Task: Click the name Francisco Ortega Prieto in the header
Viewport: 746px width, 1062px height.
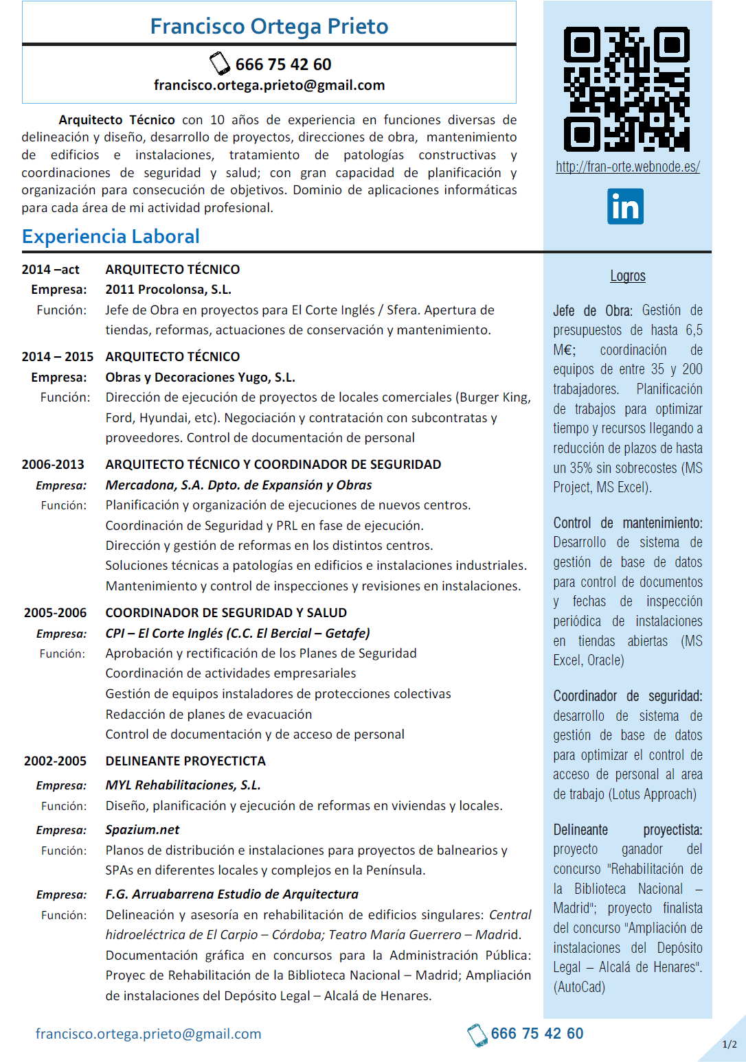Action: click(x=269, y=26)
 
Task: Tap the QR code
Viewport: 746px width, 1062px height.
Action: click(x=626, y=89)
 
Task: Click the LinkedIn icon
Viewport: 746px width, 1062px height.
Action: click(x=625, y=207)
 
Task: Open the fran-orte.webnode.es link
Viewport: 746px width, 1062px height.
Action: click(x=627, y=167)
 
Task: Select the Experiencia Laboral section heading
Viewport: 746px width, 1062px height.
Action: click(x=111, y=237)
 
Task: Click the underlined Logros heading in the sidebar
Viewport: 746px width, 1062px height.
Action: click(x=627, y=276)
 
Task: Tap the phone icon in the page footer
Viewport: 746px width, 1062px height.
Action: click(x=477, y=1035)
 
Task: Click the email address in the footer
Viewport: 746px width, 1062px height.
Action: click(x=148, y=1034)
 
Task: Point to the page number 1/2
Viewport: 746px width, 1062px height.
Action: click(x=729, y=1044)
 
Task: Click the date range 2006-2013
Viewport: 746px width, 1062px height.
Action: click(x=53, y=465)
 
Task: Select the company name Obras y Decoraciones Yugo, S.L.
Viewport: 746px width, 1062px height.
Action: click(x=200, y=378)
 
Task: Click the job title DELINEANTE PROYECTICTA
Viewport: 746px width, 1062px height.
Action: click(x=185, y=761)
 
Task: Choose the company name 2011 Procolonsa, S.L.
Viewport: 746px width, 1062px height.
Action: click(x=168, y=290)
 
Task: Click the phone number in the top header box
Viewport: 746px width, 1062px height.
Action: click(x=283, y=65)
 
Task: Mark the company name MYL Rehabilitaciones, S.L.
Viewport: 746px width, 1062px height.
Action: click(x=183, y=785)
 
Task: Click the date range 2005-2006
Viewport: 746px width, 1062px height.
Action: click(x=55, y=613)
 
